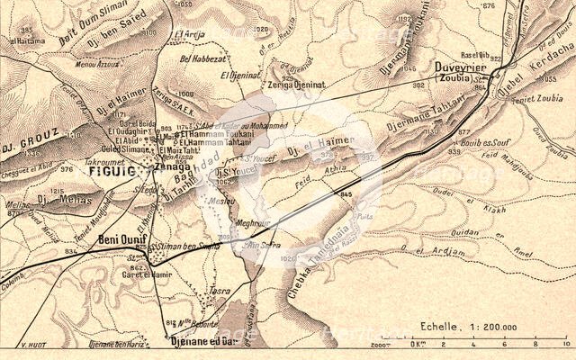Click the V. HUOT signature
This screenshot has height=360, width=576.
click(32, 345)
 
